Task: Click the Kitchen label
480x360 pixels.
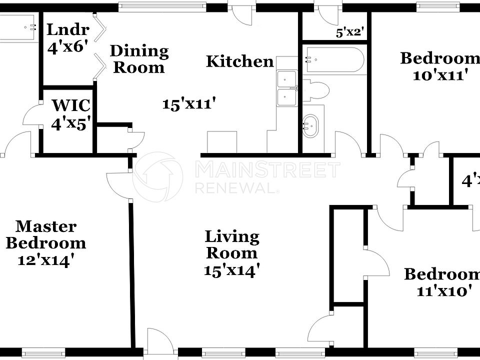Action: click(x=240, y=61)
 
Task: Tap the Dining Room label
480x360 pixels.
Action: click(x=139, y=59)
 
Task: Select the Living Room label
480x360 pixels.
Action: click(x=232, y=244)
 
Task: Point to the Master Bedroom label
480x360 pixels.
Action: click(x=46, y=235)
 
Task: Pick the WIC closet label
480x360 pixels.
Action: click(x=71, y=105)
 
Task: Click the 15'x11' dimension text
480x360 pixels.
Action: click(x=189, y=104)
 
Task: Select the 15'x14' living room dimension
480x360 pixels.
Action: click(x=231, y=270)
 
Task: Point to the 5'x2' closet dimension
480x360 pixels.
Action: click(x=349, y=33)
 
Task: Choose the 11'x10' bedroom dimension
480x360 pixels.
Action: click(x=444, y=291)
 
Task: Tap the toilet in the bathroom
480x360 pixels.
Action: click(x=317, y=90)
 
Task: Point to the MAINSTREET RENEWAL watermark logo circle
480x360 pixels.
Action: click(x=157, y=177)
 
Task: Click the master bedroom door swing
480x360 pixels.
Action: click(x=118, y=186)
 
